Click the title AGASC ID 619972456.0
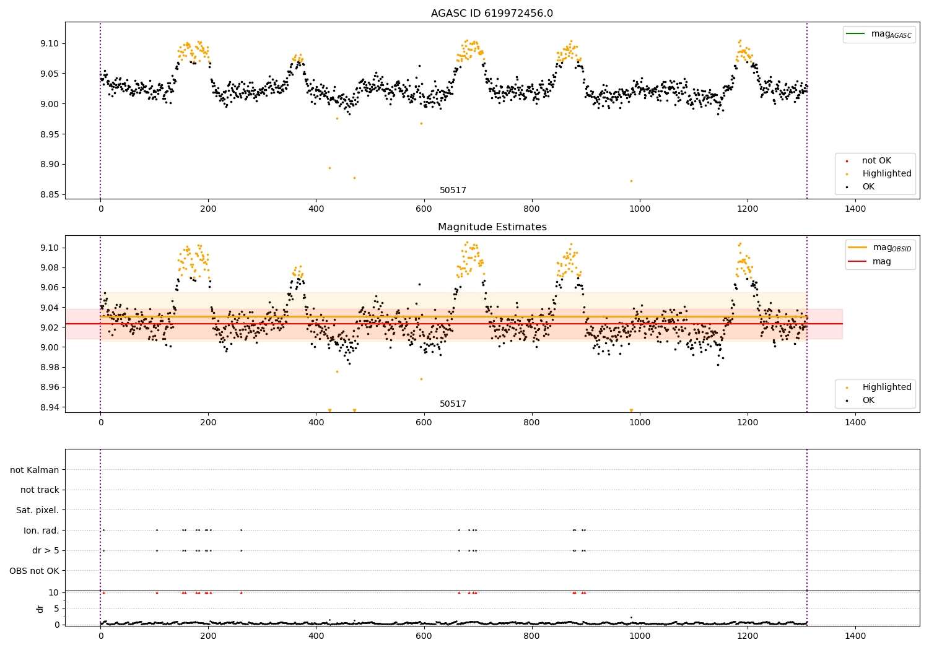[492, 14]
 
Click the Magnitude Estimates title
[492, 227]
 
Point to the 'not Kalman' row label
[35, 470]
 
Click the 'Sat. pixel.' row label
[38, 510]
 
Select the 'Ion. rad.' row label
[41, 531]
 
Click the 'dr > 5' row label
[46, 550]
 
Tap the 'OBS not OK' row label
[35, 571]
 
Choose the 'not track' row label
[40, 490]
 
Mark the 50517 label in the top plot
[453, 191]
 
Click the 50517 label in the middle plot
[453, 404]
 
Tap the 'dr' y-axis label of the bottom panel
[40, 609]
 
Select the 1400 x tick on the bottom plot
[855, 636]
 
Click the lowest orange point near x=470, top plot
[354, 178]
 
